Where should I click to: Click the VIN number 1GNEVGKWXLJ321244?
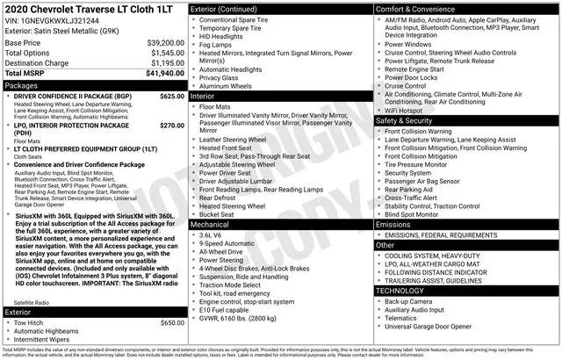coord(65,18)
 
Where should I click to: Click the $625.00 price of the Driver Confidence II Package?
coord(172,96)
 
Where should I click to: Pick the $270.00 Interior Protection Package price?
coord(172,126)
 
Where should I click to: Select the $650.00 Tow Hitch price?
coord(172,322)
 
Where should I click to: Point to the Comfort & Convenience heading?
coord(421,8)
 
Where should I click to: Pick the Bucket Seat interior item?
coord(217,213)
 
